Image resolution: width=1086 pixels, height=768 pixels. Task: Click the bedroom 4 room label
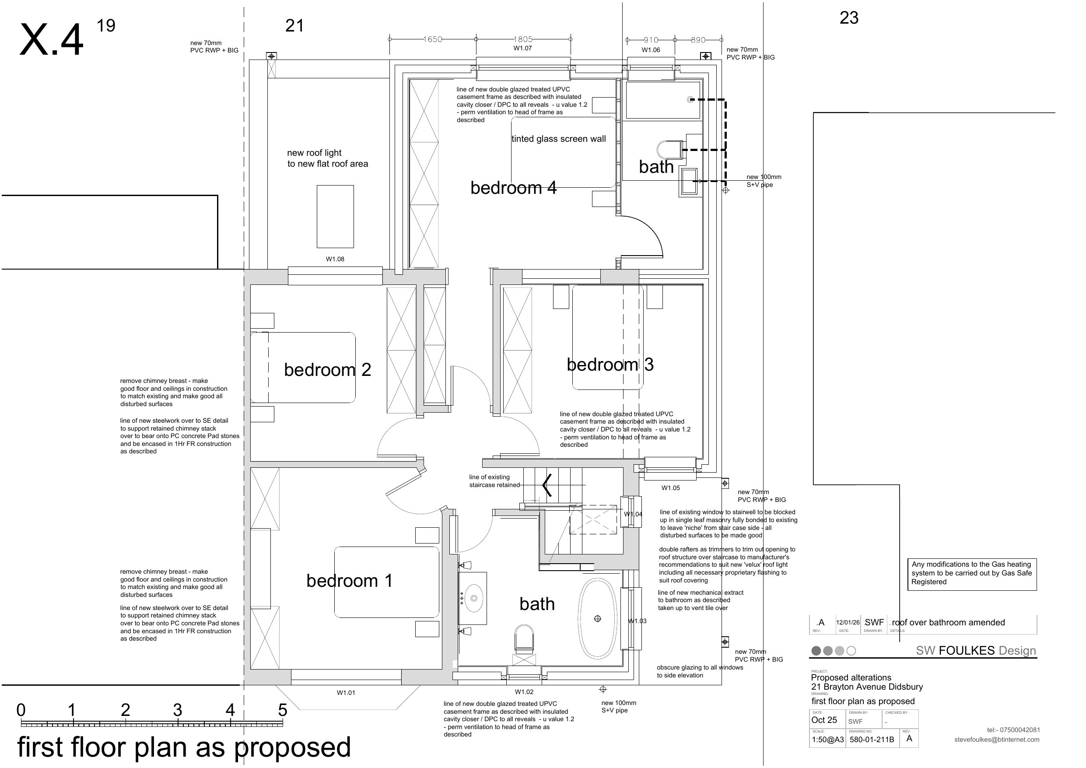(x=513, y=188)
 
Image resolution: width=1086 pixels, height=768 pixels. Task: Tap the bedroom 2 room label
(x=327, y=370)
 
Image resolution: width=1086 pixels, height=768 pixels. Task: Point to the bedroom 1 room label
(x=350, y=581)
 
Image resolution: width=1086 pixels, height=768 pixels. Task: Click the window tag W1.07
(x=523, y=48)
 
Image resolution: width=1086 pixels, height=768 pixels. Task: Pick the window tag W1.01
(x=346, y=693)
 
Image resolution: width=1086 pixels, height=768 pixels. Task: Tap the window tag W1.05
(x=670, y=488)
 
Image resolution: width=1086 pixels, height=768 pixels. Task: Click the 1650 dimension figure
(x=432, y=39)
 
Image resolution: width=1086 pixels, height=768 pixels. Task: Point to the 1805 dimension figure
(x=523, y=39)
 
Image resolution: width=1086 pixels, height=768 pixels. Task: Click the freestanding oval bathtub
(x=598, y=618)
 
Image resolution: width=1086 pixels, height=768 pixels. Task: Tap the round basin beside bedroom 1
(x=474, y=598)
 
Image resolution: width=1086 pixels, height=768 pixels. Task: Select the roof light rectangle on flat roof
(x=335, y=216)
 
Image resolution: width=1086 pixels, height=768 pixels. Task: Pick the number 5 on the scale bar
(x=282, y=710)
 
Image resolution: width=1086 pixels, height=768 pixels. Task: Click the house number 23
(x=848, y=18)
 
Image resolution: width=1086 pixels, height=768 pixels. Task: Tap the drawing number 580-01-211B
(x=872, y=739)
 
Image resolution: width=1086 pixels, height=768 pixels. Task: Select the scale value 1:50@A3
(x=828, y=739)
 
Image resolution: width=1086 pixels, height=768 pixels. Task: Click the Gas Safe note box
(x=971, y=574)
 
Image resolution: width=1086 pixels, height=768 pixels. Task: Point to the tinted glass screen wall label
(x=559, y=139)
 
